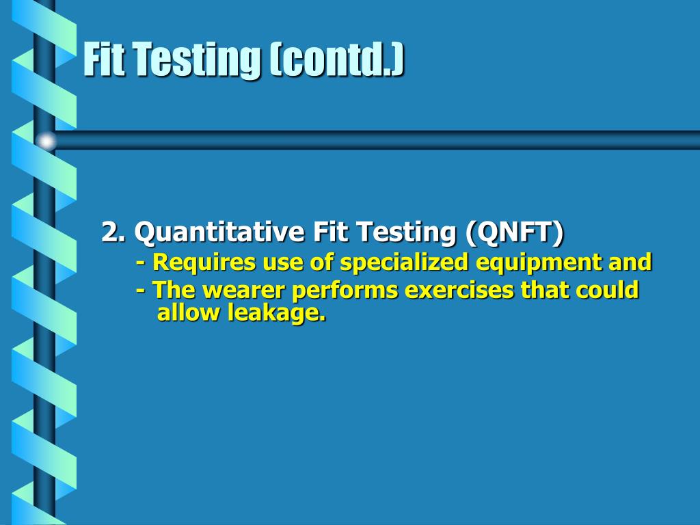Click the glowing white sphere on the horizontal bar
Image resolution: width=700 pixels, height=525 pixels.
click(46, 141)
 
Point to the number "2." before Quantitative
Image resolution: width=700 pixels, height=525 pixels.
click(113, 232)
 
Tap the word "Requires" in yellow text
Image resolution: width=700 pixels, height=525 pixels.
click(199, 262)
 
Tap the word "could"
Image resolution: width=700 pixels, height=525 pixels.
click(606, 291)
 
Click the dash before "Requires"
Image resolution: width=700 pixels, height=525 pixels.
click(140, 262)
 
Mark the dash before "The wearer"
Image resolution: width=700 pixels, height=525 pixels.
click(140, 291)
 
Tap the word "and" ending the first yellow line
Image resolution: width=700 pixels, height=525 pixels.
click(632, 262)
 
